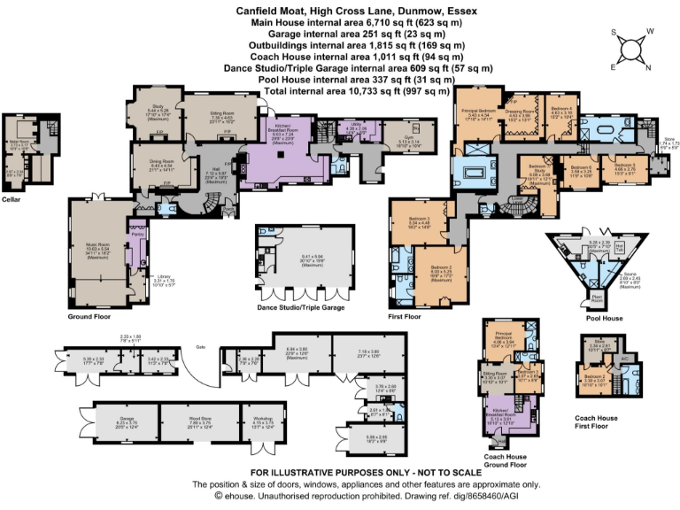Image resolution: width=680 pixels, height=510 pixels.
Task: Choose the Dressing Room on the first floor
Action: point(519,112)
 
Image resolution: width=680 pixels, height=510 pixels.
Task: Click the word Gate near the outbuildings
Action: point(201,346)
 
